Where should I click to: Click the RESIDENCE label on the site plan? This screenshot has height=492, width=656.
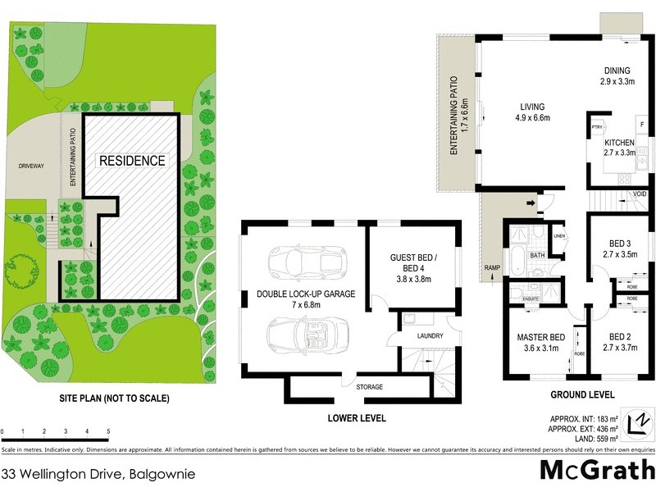(132, 161)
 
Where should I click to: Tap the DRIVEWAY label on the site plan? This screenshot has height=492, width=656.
(31, 166)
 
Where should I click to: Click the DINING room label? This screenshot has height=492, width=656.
(617, 71)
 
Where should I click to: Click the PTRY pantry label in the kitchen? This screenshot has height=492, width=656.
(598, 127)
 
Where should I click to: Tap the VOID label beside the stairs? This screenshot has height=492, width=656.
(640, 194)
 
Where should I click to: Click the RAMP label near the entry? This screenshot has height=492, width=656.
(492, 268)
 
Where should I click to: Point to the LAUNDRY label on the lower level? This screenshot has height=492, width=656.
(429, 336)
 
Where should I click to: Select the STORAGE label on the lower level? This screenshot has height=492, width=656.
(369, 386)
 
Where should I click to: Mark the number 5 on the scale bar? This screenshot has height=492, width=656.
(108, 431)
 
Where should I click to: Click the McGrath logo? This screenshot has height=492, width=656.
(596, 470)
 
